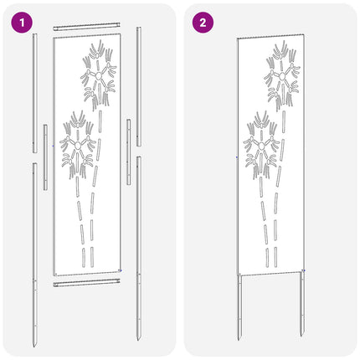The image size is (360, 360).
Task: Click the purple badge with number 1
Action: point(22,23)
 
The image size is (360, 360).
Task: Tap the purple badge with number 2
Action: point(203,23)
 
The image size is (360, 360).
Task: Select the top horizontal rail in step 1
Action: point(87,27)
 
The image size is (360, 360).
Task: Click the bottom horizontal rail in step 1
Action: point(87,283)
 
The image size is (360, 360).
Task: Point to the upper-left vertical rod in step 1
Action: point(35,93)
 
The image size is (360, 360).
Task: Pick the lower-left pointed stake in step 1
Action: point(34,255)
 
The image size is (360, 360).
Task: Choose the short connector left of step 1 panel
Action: point(45,157)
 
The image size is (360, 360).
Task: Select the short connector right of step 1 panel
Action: point(128,152)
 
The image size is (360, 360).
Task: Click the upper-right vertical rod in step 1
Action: point(139,86)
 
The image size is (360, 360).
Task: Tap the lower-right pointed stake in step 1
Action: point(138,249)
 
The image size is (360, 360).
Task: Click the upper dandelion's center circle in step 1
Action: point(99,75)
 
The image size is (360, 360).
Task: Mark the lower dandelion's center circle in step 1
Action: point(78,145)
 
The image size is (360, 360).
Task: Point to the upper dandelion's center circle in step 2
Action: point(282,76)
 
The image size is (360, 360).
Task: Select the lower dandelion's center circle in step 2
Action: point(261,146)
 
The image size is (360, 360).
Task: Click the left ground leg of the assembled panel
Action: point(239,307)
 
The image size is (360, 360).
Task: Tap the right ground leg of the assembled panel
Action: point(302,304)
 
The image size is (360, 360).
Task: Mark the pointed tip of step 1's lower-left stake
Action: point(34,347)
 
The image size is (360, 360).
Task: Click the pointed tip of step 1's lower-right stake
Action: point(138,340)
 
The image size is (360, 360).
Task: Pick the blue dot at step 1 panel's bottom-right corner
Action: point(121,270)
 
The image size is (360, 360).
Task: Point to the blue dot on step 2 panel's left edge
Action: point(237,157)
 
